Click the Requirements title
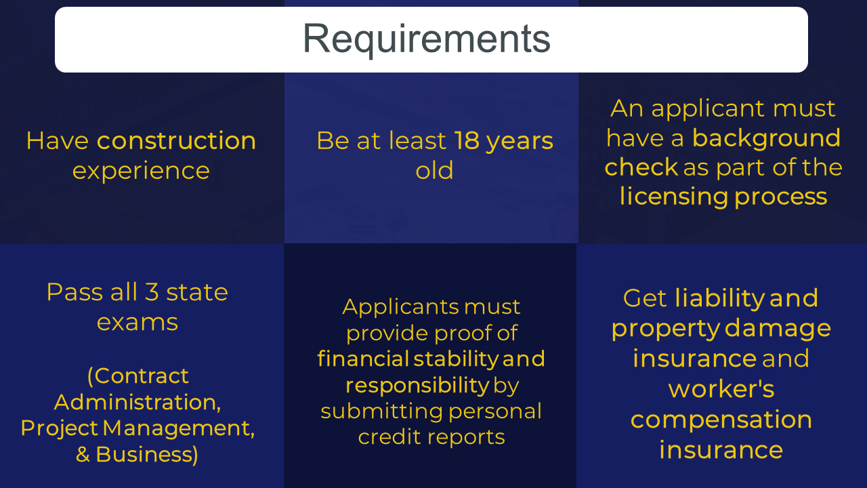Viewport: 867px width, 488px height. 427,39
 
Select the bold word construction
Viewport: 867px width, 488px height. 177,140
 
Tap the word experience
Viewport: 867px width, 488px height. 141,171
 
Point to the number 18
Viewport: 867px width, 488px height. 467,140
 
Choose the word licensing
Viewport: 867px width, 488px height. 674,197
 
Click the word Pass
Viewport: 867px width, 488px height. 75,292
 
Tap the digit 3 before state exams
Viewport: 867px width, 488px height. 152,292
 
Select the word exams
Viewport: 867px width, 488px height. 138,322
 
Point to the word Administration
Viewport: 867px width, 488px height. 138,402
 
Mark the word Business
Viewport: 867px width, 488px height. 146,454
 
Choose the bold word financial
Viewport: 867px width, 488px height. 363,359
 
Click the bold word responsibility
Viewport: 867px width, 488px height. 418,386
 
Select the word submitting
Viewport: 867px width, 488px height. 381,411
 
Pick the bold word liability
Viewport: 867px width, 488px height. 720,299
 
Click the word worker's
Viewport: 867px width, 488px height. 721,389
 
